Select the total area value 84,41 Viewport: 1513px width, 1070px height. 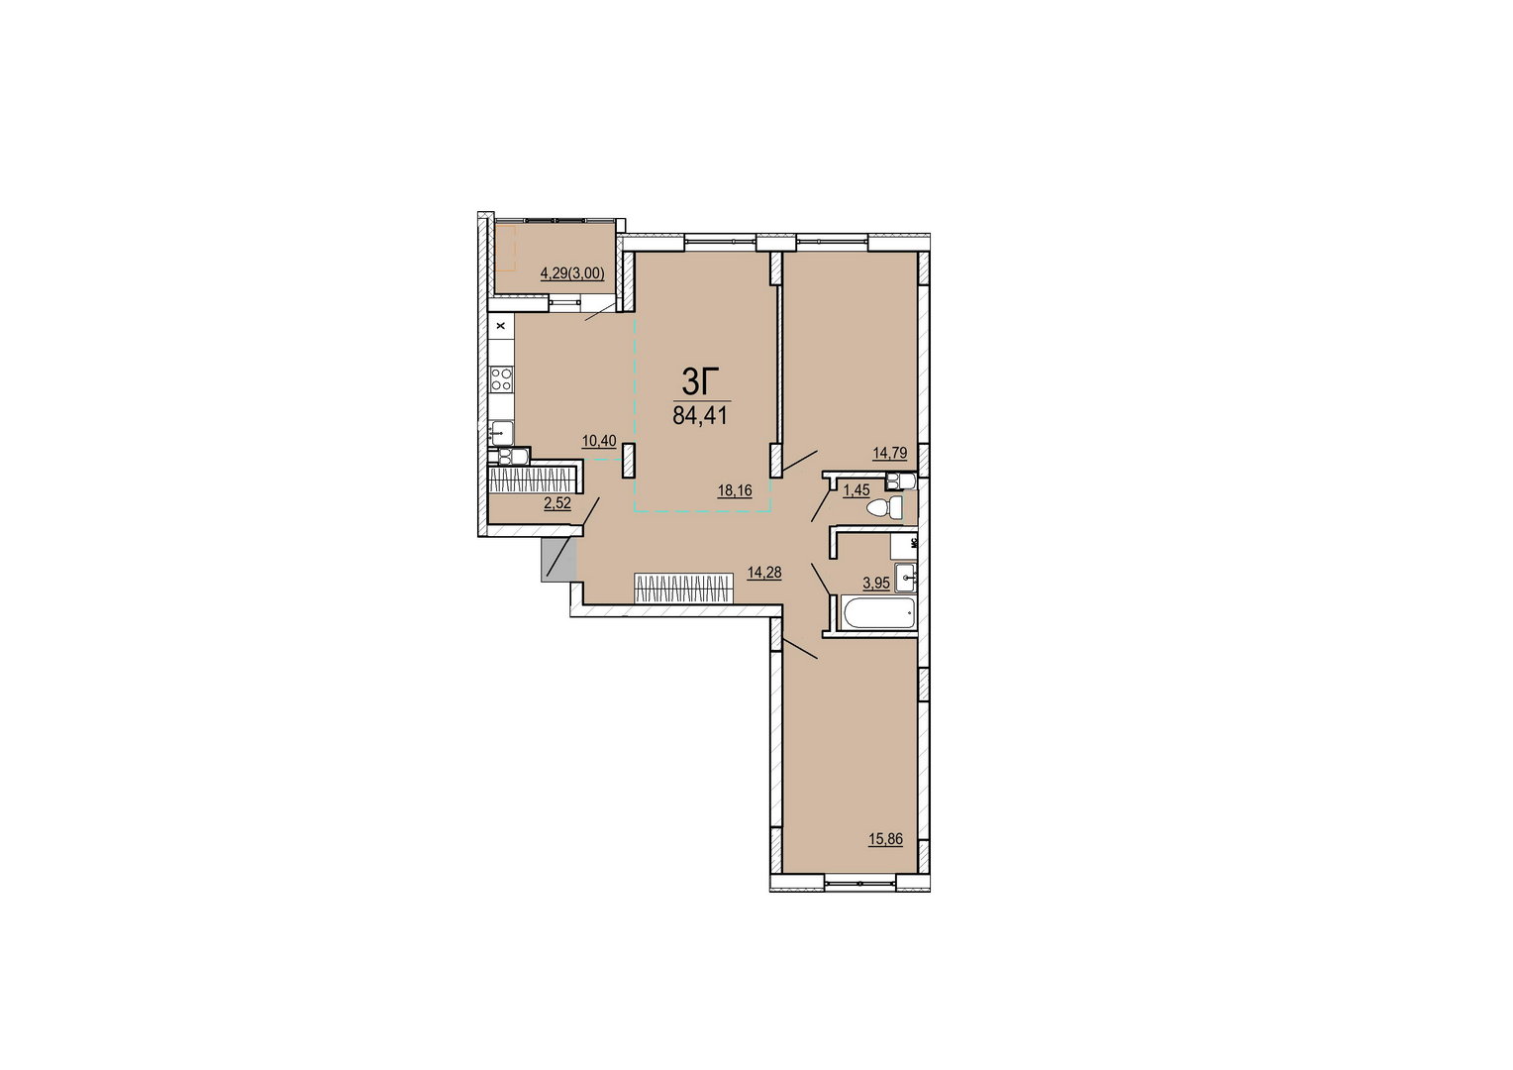coord(700,415)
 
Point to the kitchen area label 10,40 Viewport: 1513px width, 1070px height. coord(599,442)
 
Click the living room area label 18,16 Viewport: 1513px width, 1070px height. coord(735,490)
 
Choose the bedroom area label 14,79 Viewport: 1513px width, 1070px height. coord(889,453)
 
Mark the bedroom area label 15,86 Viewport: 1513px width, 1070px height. coord(885,839)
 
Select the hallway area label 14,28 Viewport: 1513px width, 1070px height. coord(764,573)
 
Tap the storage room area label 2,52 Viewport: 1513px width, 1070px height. coord(557,503)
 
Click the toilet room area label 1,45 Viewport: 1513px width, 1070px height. coord(857,490)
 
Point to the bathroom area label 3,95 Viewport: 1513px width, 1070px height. coord(876,584)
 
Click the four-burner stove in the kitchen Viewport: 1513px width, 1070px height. coord(501,379)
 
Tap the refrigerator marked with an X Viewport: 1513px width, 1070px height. coord(501,326)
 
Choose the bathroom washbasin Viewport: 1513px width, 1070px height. coord(905,578)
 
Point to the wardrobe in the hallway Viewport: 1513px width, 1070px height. coord(683,588)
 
